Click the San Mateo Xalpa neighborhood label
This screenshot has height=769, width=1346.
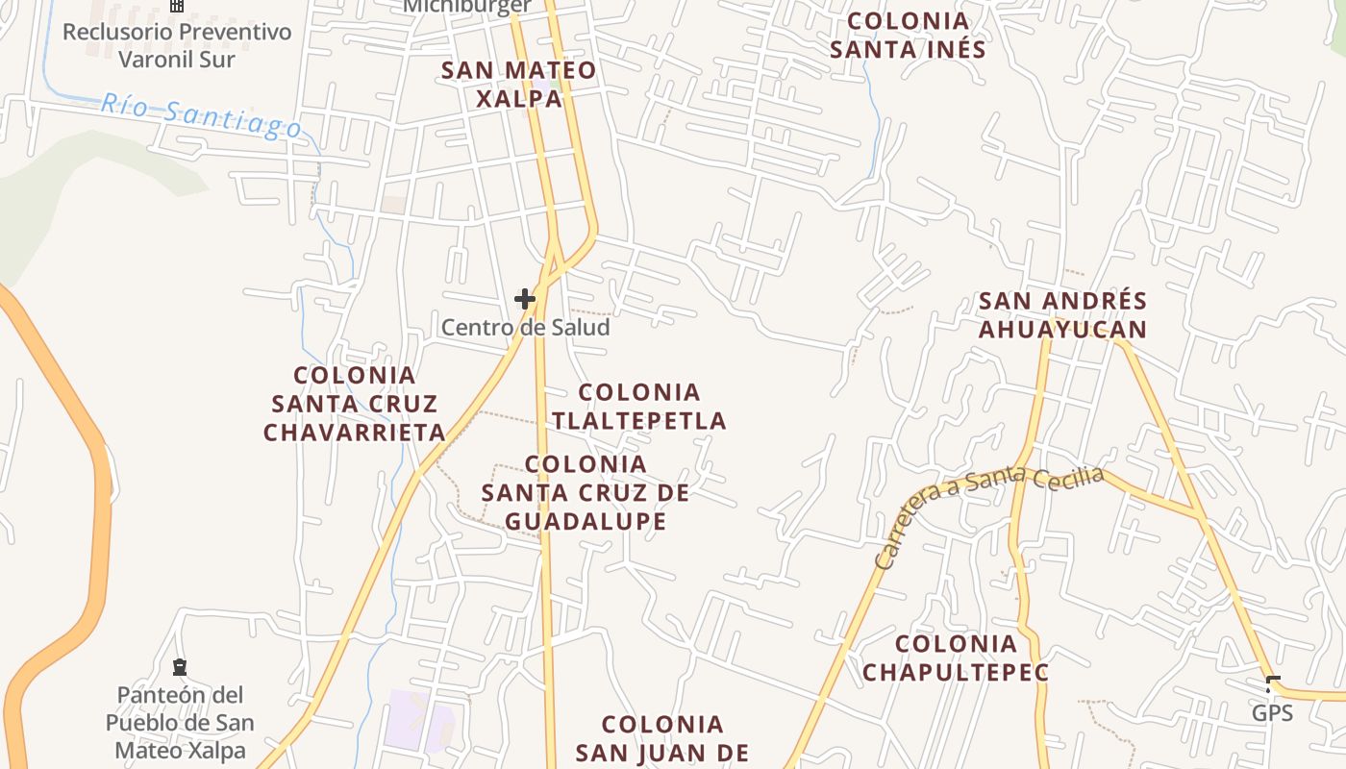518,84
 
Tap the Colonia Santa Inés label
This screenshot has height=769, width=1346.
908,35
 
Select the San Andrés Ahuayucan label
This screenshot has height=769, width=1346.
1062,315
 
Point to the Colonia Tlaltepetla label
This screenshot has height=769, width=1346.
638,406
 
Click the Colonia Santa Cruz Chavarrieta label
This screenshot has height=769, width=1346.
355,404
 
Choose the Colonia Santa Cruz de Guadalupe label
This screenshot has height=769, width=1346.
585,493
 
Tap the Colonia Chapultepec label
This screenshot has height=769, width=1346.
955,657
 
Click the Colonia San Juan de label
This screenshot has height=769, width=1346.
661,738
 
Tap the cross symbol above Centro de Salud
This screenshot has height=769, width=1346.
524,299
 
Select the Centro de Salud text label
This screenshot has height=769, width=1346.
525,328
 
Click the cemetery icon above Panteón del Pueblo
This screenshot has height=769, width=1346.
179,667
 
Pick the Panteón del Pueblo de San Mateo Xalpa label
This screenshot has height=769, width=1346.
180,722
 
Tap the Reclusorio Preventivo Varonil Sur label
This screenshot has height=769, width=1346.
176,45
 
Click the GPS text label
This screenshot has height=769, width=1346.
1271,713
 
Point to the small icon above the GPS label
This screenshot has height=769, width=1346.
1273,684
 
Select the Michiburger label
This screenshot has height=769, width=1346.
467,6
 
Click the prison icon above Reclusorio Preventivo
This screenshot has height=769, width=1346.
176,5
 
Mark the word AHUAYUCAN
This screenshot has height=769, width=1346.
1062,330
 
